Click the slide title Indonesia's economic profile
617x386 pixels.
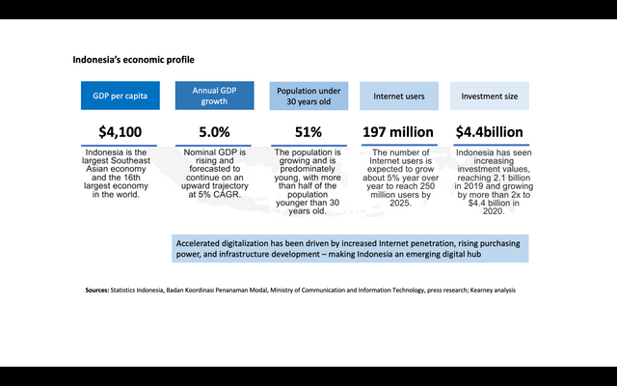click(134, 60)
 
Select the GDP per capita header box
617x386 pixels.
click(120, 96)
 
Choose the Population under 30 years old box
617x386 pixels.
click(308, 96)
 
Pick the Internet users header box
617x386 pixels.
click(399, 96)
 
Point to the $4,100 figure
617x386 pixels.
click(120, 132)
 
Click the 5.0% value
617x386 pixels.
click(213, 132)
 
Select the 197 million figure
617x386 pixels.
click(399, 132)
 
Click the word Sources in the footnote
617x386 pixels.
click(95, 289)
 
